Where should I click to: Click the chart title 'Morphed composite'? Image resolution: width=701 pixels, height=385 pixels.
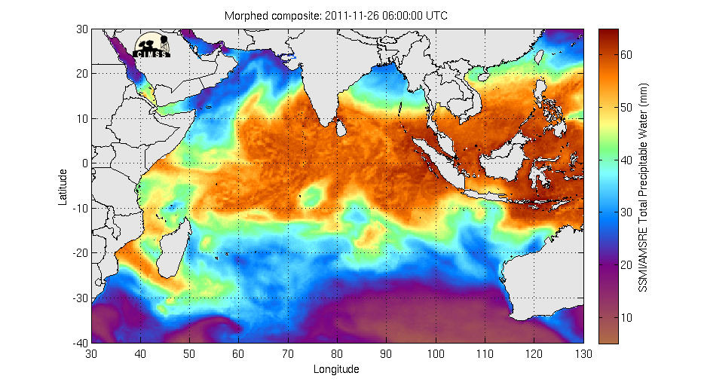coord(268,16)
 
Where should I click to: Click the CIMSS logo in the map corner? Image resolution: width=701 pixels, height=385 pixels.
coord(153,44)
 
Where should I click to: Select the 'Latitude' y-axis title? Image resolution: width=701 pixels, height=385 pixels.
coord(64,186)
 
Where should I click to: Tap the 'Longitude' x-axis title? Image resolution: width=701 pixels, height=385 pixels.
coord(336,369)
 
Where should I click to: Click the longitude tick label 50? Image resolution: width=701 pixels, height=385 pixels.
coord(190,353)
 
